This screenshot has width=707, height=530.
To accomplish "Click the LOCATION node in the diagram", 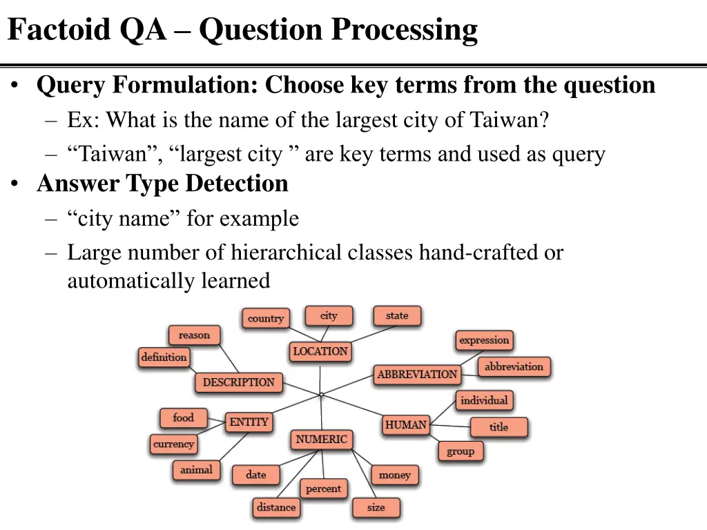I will [320, 351].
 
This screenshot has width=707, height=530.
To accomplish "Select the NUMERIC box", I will [321, 440].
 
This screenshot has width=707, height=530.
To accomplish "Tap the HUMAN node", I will [406, 425].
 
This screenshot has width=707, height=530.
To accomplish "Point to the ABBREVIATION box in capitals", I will [417, 375].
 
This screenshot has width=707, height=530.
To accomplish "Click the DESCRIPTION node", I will [238, 382].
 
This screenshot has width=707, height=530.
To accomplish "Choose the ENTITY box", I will [249, 422].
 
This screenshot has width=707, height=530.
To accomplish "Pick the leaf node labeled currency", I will [173, 444].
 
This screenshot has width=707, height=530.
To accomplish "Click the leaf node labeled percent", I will [323, 489].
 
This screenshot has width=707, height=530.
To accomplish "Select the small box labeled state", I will [397, 316].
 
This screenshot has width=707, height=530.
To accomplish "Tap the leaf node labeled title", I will [498, 427].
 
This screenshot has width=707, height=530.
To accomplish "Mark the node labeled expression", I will [484, 340].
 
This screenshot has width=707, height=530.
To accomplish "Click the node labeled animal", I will [196, 470].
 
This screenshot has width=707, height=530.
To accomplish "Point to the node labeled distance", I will [276, 507].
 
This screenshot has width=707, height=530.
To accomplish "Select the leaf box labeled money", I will [394, 475].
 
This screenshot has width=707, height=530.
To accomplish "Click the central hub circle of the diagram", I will [321, 395].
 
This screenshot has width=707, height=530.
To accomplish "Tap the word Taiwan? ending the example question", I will [510, 120].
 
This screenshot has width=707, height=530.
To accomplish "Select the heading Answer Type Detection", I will [162, 184].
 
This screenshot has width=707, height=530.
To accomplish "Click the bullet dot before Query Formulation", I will [15, 86].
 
